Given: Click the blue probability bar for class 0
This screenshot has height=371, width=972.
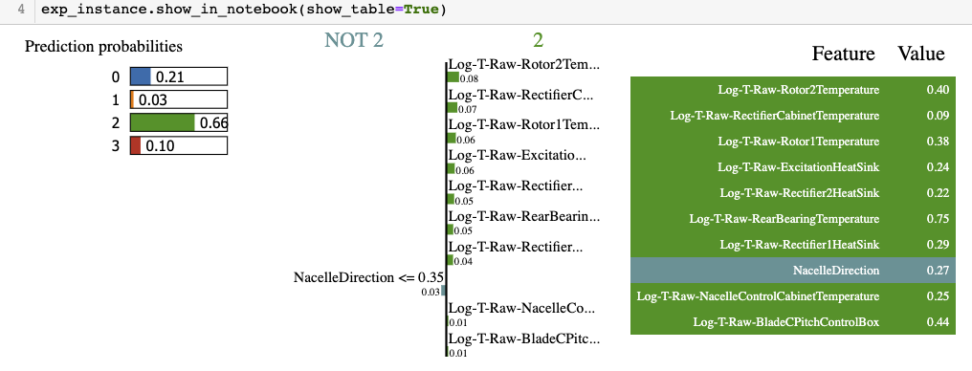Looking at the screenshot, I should pos(141,76).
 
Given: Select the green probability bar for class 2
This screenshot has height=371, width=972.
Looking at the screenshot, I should pos(162,122).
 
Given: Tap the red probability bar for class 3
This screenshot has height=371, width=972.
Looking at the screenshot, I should pos(136,145).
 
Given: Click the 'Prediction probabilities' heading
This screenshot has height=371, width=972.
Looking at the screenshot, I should pos(103,46).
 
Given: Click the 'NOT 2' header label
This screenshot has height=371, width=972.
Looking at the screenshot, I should pos(354,40).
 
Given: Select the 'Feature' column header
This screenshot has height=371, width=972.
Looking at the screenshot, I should pos(843,54).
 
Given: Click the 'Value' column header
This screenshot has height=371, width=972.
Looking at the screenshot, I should pos(920,54).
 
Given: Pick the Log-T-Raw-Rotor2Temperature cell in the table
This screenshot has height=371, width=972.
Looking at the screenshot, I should pos(798,90).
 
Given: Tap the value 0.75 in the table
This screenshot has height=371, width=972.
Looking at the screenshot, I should pos(938,219).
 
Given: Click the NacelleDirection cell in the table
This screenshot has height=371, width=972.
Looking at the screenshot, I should pos(835,271).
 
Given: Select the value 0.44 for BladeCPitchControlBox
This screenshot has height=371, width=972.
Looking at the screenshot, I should pos(938,322).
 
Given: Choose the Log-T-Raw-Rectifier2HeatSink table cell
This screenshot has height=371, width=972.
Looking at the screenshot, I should pos(799,193).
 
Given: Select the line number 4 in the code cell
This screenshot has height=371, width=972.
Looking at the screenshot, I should pos(21,10).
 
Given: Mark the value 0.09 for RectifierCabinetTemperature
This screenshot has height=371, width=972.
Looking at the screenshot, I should pos(938,116).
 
